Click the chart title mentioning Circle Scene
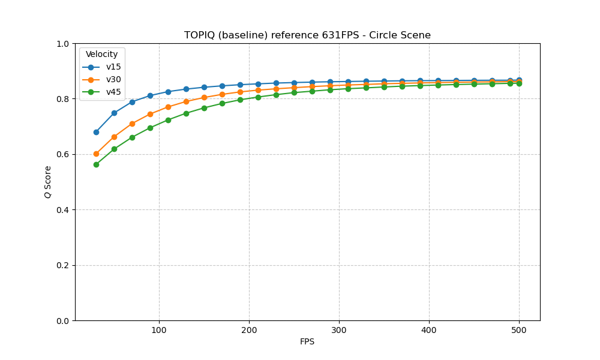tap(307, 35)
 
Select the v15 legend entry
tap(113, 67)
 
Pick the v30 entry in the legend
tap(113, 80)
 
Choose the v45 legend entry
tap(113, 92)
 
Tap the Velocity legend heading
tap(102, 55)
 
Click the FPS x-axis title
tap(307, 342)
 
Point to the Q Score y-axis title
tap(47, 182)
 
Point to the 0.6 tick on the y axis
tap(63, 154)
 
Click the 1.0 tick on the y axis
tap(63, 44)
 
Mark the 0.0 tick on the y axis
tap(63, 321)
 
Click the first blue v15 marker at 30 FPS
tap(96, 132)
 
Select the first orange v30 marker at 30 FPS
tap(96, 154)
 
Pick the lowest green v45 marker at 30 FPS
tap(96, 164)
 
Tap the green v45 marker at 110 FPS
tap(168, 120)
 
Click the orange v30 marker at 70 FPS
tap(132, 124)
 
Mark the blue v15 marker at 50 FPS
tap(114, 113)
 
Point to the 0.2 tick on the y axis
tap(63, 265)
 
